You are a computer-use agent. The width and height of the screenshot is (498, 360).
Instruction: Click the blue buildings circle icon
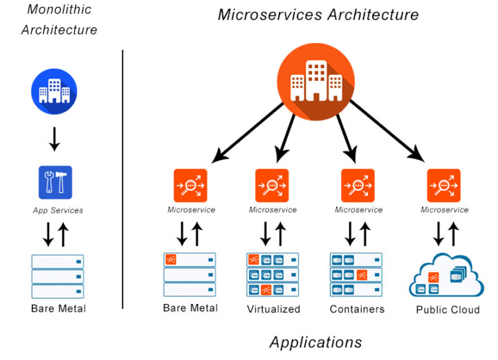coord(54,91)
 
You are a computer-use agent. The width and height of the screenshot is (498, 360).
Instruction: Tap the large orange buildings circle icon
coord(315,82)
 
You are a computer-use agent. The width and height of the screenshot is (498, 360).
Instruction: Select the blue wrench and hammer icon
coord(55,182)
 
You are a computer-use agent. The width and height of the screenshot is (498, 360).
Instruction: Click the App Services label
coord(58,210)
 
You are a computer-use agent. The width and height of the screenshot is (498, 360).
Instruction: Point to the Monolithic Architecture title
coord(59,19)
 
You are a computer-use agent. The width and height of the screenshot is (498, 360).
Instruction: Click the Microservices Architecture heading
coord(318,15)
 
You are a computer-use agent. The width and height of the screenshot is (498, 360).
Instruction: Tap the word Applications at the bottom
coord(315,343)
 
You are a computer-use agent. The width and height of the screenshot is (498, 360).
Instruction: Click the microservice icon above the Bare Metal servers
coord(191,186)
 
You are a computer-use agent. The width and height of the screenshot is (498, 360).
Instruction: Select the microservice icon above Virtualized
coord(273,186)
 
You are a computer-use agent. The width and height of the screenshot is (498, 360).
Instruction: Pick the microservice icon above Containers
coord(358,186)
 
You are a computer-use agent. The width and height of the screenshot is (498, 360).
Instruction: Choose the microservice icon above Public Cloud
coord(443,186)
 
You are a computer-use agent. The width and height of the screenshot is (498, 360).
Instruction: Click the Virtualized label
coord(273,309)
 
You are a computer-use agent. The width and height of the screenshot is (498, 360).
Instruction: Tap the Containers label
coord(358,309)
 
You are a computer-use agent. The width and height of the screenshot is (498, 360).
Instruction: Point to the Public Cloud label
coord(448,309)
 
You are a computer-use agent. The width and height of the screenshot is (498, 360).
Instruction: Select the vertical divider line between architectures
coord(122,179)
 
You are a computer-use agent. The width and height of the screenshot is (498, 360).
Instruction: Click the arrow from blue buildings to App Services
coord(55,139)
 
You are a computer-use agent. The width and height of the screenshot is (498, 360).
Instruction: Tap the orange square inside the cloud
coord(434,278)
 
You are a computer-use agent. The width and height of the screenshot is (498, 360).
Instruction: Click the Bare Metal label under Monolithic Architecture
coord(58,309)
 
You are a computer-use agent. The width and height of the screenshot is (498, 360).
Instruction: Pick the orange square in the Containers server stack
coord(362,275)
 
